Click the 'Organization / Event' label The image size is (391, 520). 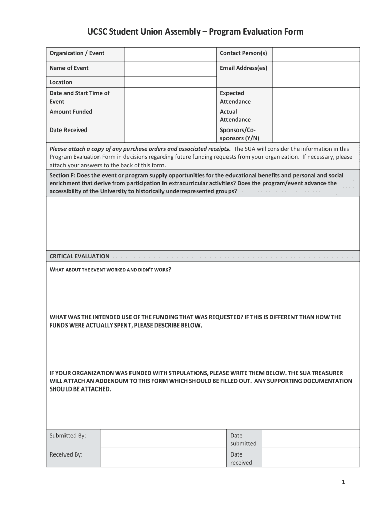77,53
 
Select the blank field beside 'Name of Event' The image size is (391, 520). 171,68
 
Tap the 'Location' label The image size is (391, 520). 61,82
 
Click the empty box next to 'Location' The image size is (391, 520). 171,82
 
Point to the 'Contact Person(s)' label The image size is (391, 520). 243,53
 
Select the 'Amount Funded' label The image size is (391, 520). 71,112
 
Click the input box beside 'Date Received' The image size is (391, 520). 171,134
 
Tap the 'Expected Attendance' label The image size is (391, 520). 235,97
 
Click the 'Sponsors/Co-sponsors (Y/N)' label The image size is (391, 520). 239,134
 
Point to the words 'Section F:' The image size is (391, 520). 62,175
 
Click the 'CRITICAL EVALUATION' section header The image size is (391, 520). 79,256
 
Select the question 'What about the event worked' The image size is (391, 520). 110,269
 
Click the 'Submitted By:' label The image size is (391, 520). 68,436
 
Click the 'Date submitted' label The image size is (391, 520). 243,439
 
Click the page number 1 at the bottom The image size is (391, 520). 343,483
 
